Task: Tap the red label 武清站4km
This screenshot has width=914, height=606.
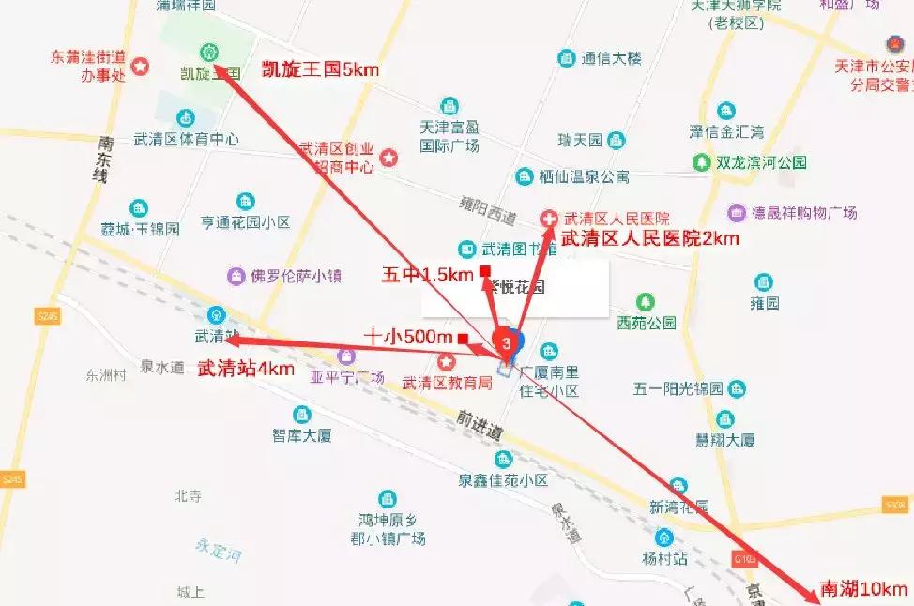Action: pyautogui.click(x=246, y=369)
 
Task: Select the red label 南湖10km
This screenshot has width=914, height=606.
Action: pyautogui.click(x=863, y=589)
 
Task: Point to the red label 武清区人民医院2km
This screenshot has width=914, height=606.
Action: pyautogui.click(x=649, y=239)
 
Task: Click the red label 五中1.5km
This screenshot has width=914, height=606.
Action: pyautogui.click(x=428, y=275)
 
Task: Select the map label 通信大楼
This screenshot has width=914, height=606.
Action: pyautogui.click(x=611, y=58)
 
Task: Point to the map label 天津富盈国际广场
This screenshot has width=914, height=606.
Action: pyautogui.click(x=449, y=135)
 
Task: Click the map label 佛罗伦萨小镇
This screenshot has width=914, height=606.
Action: pyautogui.click(x=282, y=277)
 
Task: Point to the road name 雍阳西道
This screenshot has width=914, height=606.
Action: pyautogui.click(x=489, y=209)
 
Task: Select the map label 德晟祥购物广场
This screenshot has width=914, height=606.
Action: pyautogui.click(x=804, y=213)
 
